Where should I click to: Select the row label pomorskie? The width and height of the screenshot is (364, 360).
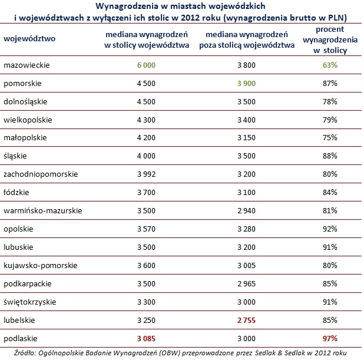(21, 84)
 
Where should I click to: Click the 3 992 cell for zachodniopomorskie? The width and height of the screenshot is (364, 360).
(147, 174)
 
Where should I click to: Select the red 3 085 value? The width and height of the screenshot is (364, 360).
(147, 339)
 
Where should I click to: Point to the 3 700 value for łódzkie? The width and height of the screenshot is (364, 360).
(147, 193)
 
